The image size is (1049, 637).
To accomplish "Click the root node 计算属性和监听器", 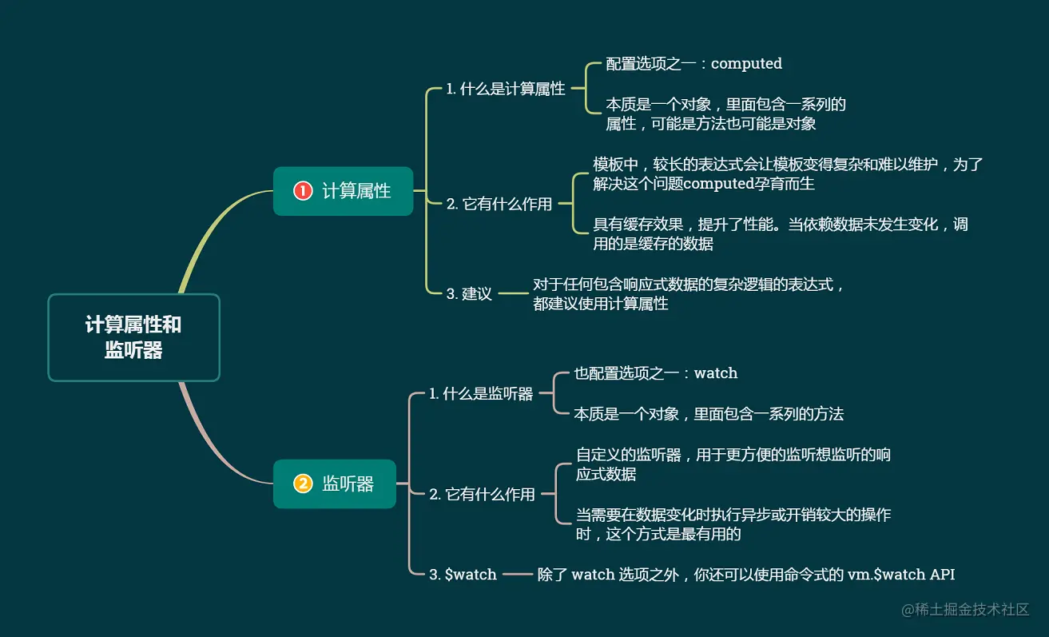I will [133, 337].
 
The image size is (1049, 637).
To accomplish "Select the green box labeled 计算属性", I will [343, 191].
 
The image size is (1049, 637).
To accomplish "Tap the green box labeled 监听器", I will [335, 484].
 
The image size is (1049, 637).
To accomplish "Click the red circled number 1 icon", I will [303, 191].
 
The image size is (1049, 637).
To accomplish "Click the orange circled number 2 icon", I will [303, 484].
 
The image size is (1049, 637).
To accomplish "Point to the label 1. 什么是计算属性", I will [505, 89].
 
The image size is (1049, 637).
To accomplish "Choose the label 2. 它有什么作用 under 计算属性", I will [499, 204].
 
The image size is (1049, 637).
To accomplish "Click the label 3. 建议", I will [468, 293].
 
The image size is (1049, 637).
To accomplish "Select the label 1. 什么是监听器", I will [480, 393].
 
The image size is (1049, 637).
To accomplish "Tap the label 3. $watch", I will [463, 574].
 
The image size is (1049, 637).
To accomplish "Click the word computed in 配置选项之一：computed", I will [746, 63].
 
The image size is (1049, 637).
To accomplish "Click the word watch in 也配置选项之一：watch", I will [715, 372].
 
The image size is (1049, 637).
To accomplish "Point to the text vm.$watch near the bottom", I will [883, 574].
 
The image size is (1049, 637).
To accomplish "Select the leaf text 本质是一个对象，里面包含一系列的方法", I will [709, 413].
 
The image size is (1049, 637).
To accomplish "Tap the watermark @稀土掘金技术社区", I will [965, 609].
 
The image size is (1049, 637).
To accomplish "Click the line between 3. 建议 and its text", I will [514, 293].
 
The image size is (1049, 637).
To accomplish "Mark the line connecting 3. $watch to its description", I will [517, 574].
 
